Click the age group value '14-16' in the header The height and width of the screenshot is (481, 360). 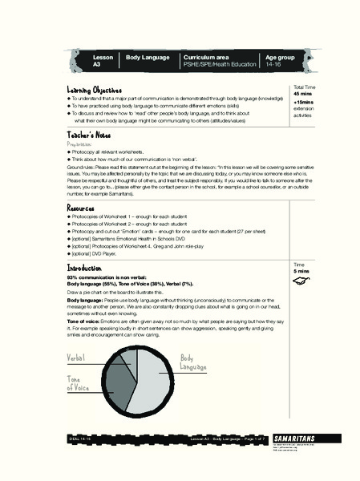point(274,64)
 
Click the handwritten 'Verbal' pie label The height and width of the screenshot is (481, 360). point(77,358)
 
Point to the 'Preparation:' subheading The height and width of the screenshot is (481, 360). point(86,145)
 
